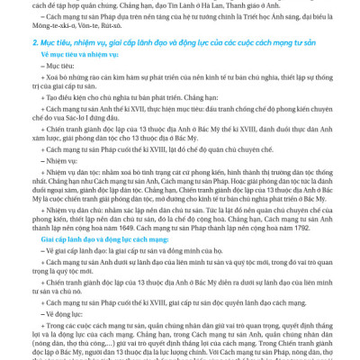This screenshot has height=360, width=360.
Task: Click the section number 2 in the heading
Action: coord(33,41)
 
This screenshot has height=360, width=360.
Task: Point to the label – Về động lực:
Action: coord(63,312)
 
